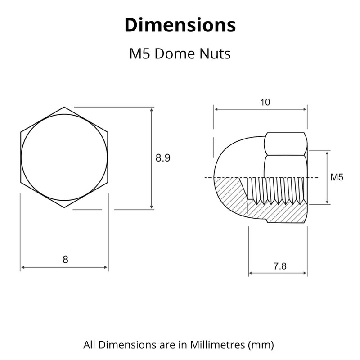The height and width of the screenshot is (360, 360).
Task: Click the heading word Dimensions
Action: pos(180,25)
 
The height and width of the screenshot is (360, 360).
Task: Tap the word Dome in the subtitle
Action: pos(175,54)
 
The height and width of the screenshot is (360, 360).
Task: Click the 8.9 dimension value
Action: pos(163,158)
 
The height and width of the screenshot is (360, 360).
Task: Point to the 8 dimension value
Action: pos(65,259)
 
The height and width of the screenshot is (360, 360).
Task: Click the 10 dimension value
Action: pos(265,102)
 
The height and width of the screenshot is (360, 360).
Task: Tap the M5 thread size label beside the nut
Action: pos(337,177)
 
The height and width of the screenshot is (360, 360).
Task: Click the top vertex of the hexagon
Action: pos(64,107)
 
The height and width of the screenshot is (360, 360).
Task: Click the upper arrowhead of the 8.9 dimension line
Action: pos(152,109)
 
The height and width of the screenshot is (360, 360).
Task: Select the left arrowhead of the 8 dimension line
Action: pos(22,267)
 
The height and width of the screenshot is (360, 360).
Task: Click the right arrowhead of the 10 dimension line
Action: pos(305,109)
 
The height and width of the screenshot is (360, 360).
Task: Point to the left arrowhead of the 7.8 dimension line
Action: pos(251,273)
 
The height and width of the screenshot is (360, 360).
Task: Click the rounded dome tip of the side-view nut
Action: pos(215,177)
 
